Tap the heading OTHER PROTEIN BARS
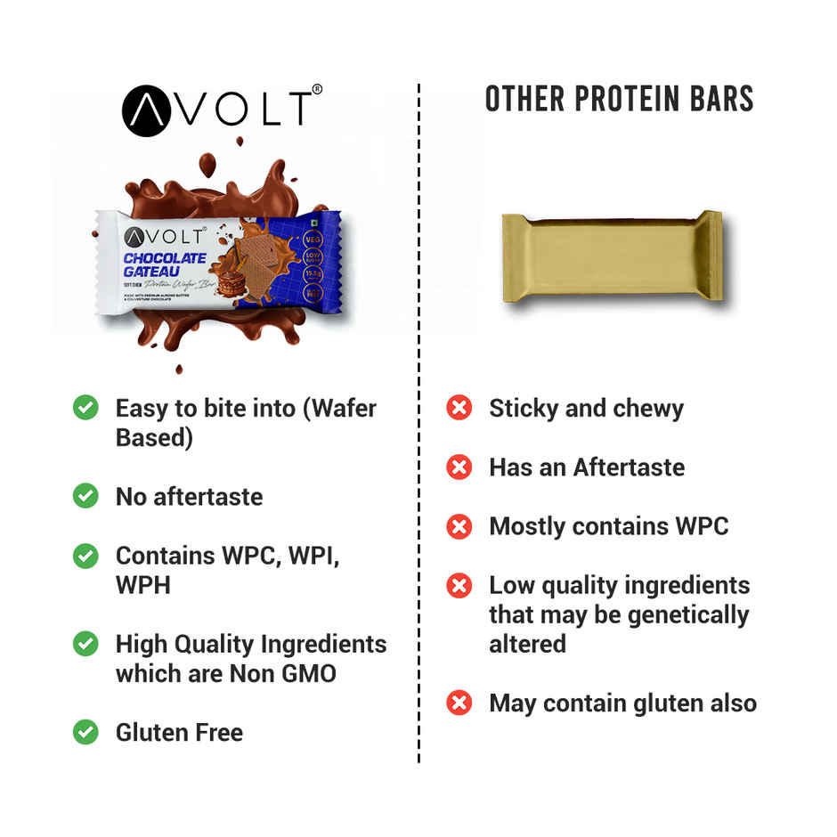619,99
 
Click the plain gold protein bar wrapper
611,256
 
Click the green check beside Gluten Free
85,732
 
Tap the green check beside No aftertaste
85,496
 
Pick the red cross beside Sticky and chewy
459,409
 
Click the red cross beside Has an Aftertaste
459,467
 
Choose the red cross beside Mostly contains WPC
459,526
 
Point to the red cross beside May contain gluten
459,703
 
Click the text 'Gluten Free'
179,733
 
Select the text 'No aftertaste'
189,497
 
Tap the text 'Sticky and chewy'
586,409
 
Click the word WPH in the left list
142,584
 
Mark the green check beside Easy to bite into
85,409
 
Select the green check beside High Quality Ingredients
85,644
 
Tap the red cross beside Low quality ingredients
459,585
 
